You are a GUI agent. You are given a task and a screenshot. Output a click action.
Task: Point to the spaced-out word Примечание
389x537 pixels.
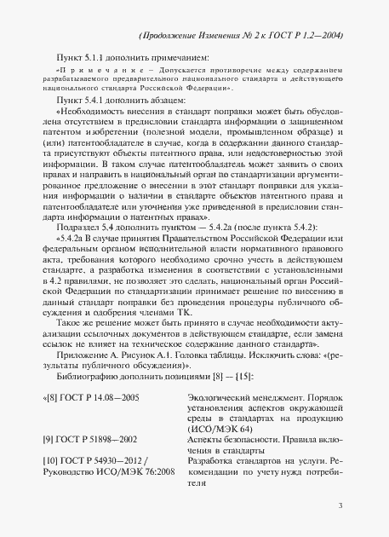[x=93, y=68]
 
